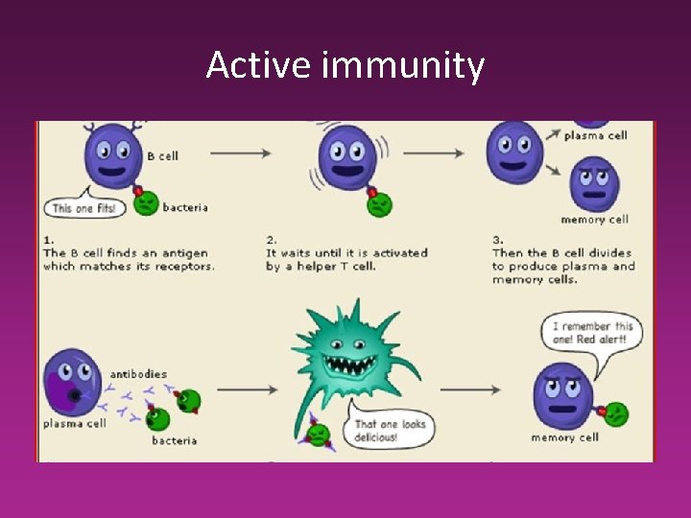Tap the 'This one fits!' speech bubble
pos(83,207)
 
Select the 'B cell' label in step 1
pos(162,155)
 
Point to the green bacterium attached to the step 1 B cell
pos(146,203)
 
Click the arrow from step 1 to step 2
pos(239,152)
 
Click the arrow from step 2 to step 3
pos(450,152)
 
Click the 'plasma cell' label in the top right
pos(595,135)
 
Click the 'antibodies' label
pos(138,373)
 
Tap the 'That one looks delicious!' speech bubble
pos(389,430)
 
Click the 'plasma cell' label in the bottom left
pos(74,423)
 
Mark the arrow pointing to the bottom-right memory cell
pos(471,389)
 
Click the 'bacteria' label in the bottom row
pos(174,440)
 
